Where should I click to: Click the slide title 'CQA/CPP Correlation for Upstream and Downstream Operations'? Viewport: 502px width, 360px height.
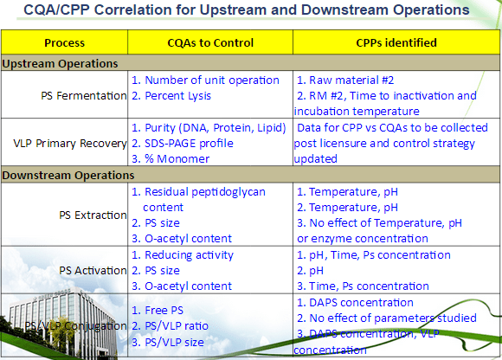pos(247,12)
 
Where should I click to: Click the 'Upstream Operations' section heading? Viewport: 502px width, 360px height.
pos(61,63)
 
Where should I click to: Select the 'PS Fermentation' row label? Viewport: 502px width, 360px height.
pos(84,95)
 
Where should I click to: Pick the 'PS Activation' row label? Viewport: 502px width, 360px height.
pos(90,270)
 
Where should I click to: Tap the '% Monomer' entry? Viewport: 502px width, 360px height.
pos(177,158)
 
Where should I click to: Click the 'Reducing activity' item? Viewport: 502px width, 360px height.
pos(188,254)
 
